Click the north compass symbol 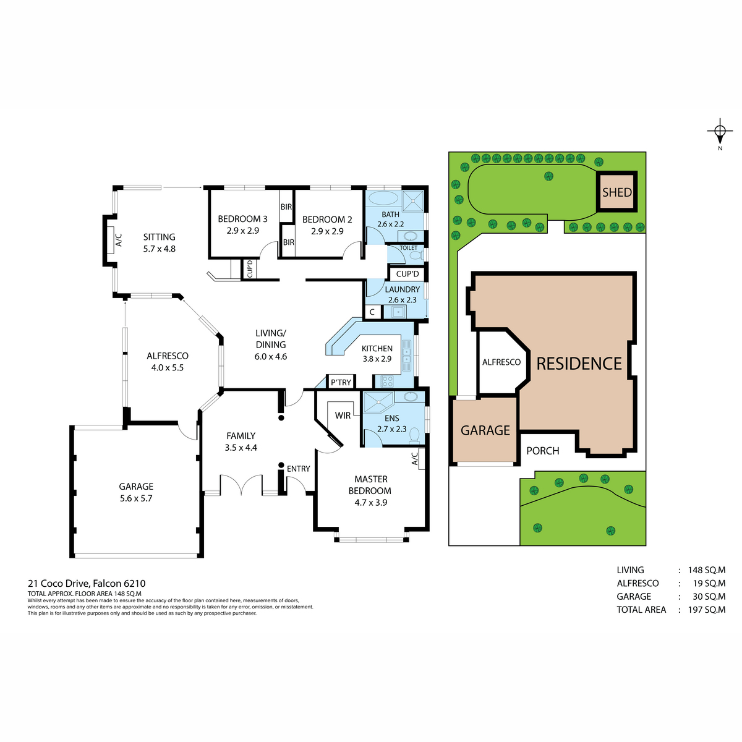pos(720,132)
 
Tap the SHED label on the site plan pos(617,192)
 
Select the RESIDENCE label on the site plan pos(579,364)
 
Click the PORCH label pos(542,451)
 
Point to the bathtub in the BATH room pos(383,199)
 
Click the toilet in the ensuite pos(414,435)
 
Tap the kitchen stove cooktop pos(387,382)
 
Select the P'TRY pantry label pos(341,382)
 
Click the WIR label pos(343,416)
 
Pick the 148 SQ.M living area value pos(707,570)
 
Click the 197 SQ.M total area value pos(707,610)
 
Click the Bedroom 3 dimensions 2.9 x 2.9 pos(242,231)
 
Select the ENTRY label pos(299,469)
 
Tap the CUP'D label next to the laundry pos(407,274)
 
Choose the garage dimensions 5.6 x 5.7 pos(136,498)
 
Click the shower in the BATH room pos(413,200)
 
